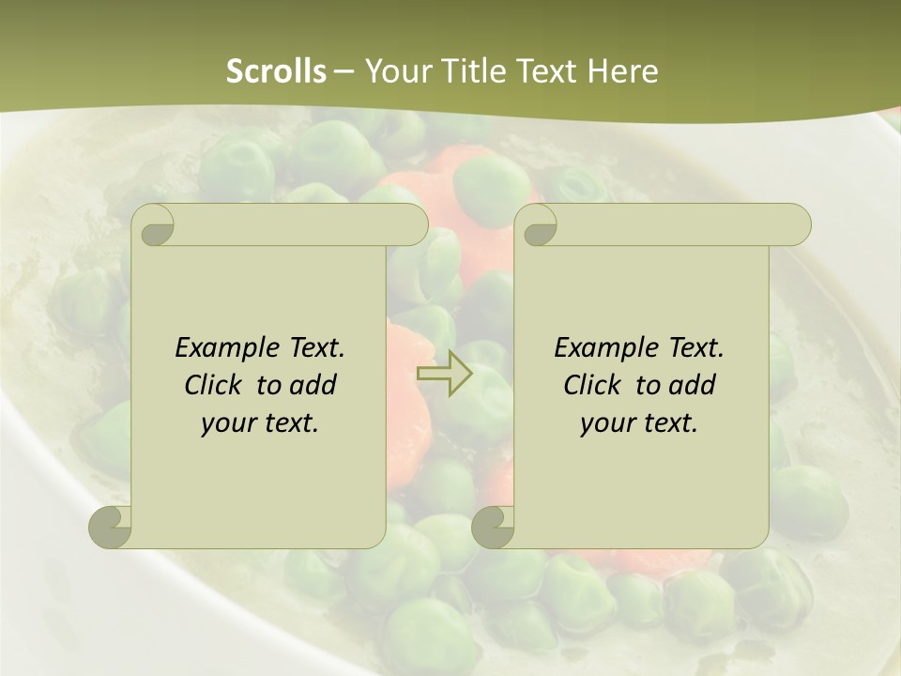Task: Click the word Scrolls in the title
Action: (x=276, y=71)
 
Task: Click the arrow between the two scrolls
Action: (x=444, y=374)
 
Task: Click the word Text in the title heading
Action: (x=550, y=71)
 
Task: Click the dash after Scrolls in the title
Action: (x=344, y=71)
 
